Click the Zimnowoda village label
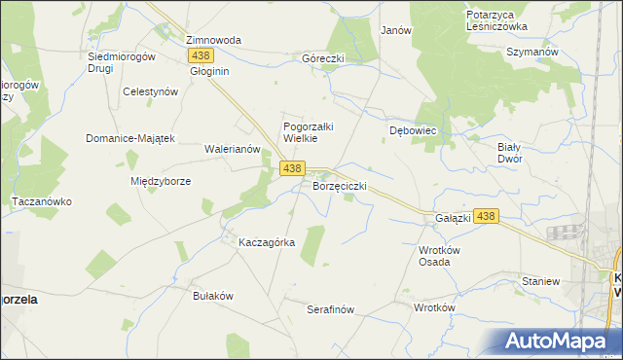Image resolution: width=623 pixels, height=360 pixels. coord(213,40)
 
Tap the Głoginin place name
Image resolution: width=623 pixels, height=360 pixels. coord(209,72)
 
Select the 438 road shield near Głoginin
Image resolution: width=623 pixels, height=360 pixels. coord(201,56)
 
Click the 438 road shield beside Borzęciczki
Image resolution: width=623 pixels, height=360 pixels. coord(292,168)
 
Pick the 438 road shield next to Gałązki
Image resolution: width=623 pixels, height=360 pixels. coord(488,217)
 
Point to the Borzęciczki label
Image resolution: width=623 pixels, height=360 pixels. coord(339,185)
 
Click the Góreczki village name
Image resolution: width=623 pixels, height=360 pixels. coord(323,58)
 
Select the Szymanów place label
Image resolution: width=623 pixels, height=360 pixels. coord(531,51)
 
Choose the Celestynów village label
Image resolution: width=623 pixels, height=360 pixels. coord(150,90)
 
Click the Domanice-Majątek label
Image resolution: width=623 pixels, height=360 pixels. coord(129,138)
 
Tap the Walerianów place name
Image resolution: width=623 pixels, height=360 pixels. coord(232,149)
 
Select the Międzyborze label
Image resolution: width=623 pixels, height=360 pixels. coord(160,181)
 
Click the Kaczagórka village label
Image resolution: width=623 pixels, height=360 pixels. coord(267,242)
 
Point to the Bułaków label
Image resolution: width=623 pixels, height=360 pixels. coord(214,295)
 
